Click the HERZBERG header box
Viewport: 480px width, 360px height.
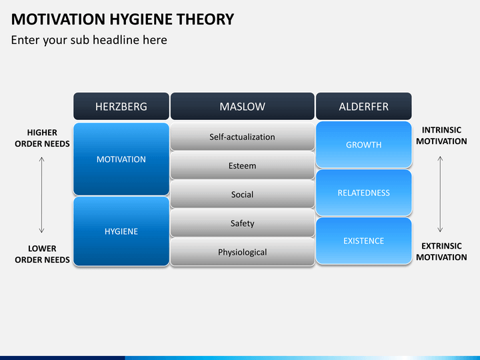point(121,106)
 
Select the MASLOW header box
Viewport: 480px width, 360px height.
point(243,106)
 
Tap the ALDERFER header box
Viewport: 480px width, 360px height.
point(364,106)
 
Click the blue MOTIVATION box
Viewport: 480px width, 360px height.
point(121,159)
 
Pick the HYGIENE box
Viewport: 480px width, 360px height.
point(121,231)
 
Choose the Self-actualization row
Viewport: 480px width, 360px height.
point(243,137)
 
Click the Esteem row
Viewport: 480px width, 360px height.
point(243,165)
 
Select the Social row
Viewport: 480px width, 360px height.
point(243,194)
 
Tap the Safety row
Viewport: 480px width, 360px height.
point(243,223)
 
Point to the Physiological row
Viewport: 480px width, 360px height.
point(243,251)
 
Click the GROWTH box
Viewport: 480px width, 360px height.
point(364,145)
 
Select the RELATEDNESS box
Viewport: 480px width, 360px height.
point(364,193)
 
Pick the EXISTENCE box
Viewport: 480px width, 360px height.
point(364,241)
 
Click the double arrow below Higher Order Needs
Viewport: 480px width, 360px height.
point(41,195)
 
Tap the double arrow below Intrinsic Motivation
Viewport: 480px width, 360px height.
point(440,194)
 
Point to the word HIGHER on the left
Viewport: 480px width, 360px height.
point(42,133)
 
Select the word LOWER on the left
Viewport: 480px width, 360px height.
point(42,249)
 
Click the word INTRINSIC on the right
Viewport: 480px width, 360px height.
point(441,130)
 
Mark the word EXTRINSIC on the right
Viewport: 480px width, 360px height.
point(441,246)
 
